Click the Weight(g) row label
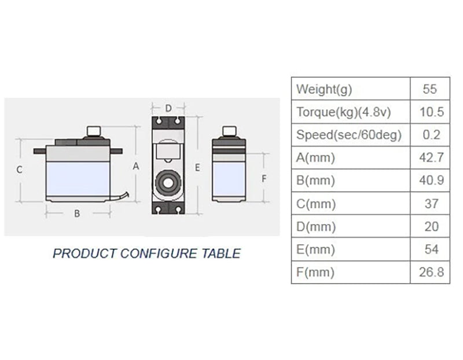tap(324, 90)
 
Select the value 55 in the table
tap(431, 90)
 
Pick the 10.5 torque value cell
tap(431, 112)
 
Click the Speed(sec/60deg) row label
tap(349, 135)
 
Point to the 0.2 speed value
tap(432, 135)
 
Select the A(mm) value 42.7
tap(431, 158)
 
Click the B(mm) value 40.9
tap(431, 181)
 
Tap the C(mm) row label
tap(316, 204)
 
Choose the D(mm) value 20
tap(432, 227)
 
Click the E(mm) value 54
tap(432, 249)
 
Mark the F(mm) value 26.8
tap(432, 272)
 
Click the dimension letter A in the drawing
tap(137, 166)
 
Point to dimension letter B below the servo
tap(76, 213)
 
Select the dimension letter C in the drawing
tap(19, 170)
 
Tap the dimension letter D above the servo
tap(168, 108)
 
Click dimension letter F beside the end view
tap(264, 179)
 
